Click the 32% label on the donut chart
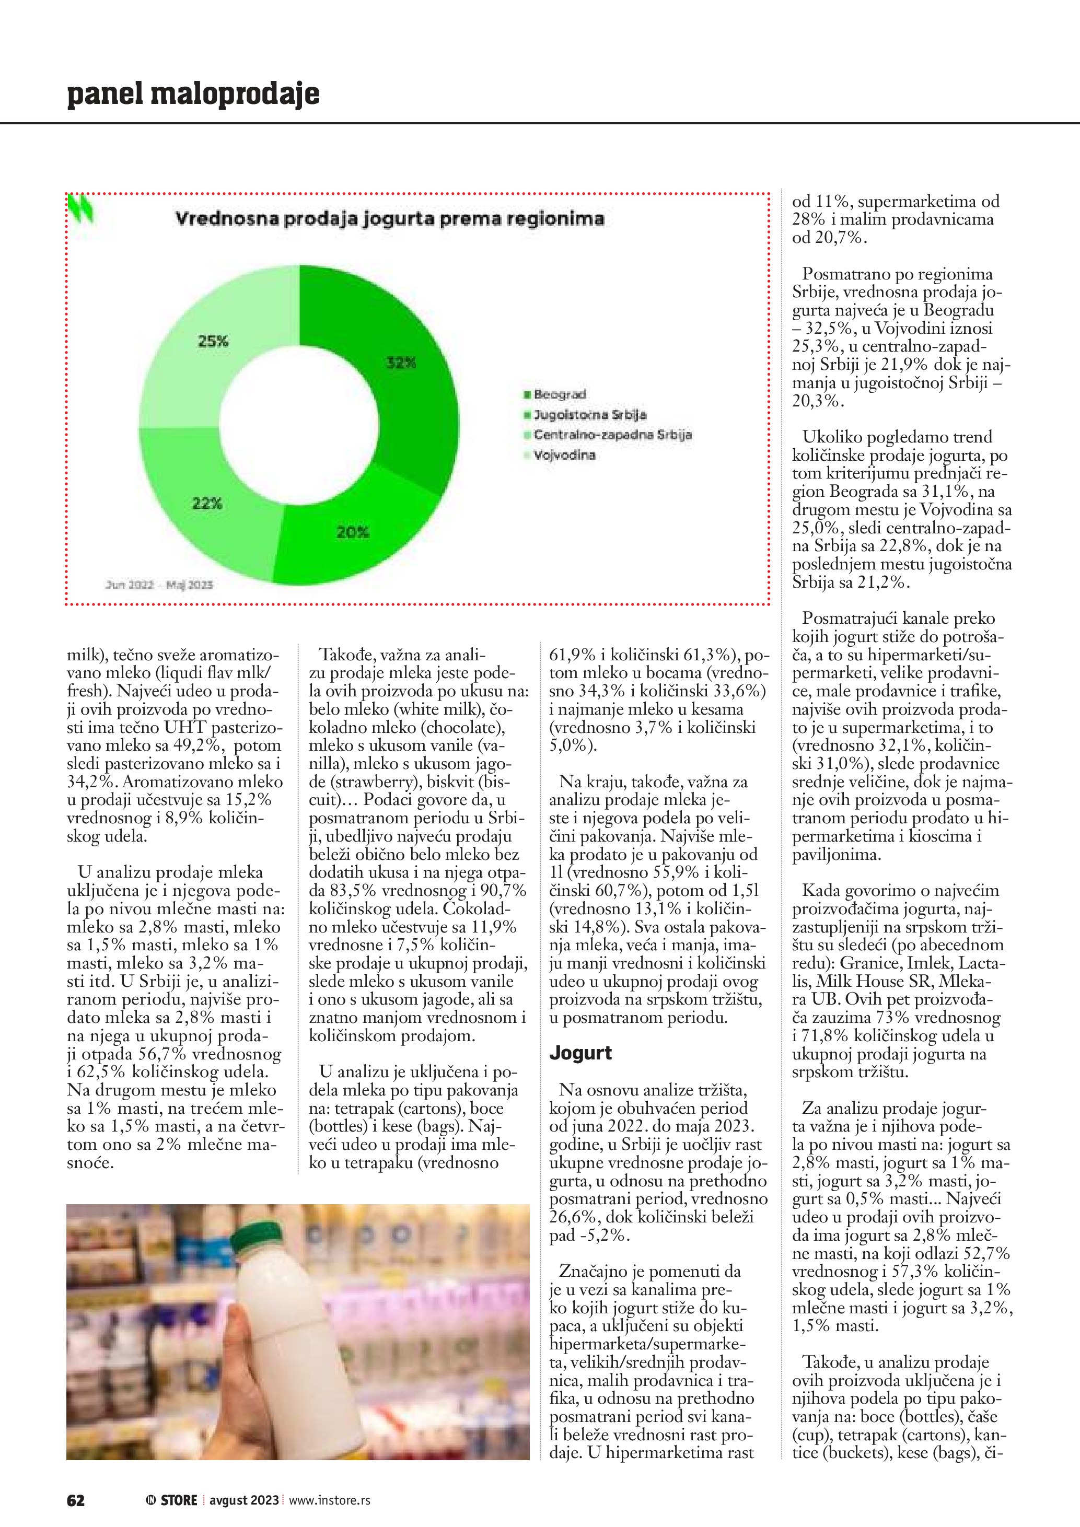[x=401, y=363]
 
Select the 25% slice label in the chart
[x=213, y=341]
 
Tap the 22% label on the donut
[x=207, y=504]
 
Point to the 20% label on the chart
[x=353, y=532]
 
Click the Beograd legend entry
[x=559, y=394]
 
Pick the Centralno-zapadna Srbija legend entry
[x=612, y=435]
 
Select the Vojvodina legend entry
[x=564, y=456]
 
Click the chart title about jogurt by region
[x=389, y=219]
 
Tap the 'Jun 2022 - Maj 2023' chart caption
[x=159, y=585]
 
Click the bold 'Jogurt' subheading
[x=580, y=1053]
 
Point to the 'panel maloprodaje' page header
[x=193, y=94]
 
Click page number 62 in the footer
[x=75, y=1500]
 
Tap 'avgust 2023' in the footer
[x=244, y=1500]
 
